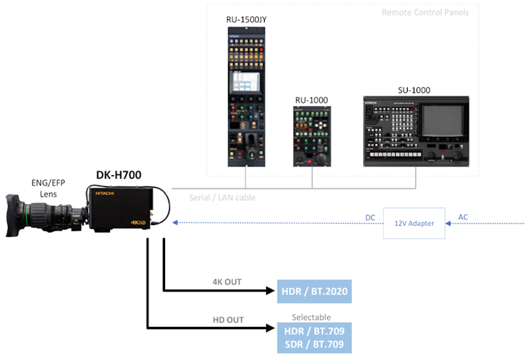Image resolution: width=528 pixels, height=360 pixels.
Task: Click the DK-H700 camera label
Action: pyautogui.click(x=119, y=175)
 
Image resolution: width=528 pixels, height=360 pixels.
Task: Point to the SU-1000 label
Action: pyautogui.click(x=415, y=90)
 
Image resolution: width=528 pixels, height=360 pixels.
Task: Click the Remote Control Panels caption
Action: pyautogui.click(x=425, y=12)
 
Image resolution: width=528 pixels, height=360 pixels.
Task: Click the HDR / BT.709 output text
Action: pyautogui.click(x=312, y=330)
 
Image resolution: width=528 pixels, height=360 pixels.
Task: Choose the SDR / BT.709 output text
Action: pyautogui.click(x=312, y=344)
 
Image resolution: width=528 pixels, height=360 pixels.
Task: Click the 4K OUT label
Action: pyautogui.click(x=227, y=282)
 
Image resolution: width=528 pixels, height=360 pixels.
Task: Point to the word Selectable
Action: pyautogui.click(x=312, y=316)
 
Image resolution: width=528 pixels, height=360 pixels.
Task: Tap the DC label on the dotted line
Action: pyautogui.click(x=371, y=218)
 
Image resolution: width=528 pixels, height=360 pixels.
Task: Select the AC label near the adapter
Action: pyautogui.click(x=463, y=218)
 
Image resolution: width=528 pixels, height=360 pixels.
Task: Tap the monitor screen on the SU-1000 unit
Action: pyautogui.click(x=443, y=125)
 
